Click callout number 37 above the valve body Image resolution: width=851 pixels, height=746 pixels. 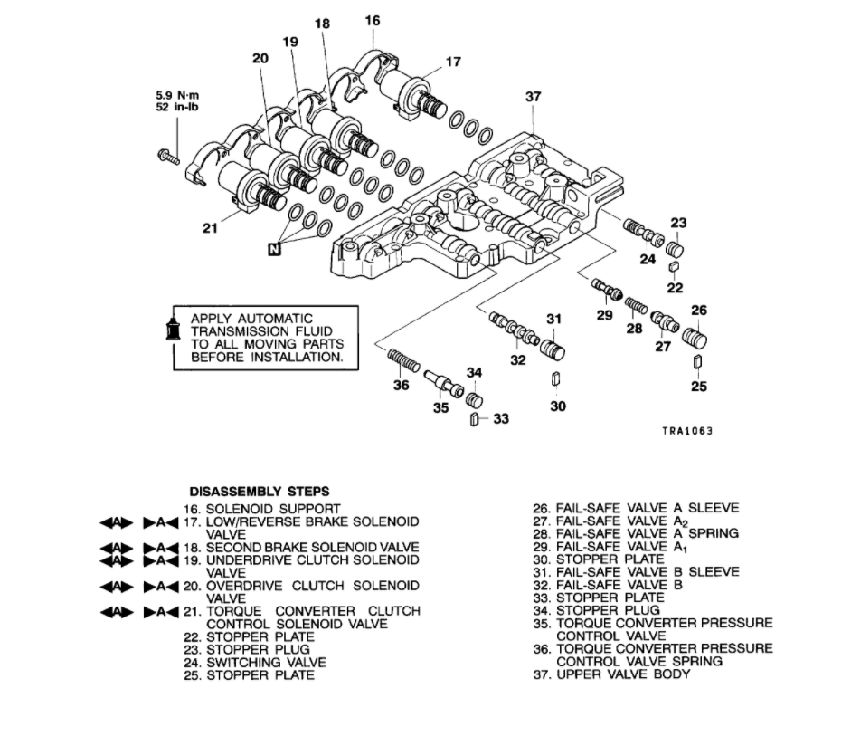point(532,96)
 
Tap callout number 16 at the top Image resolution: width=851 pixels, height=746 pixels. point(373,20)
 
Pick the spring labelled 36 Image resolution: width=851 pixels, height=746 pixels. point(403,363)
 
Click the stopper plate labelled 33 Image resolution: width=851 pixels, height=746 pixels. point(473,418)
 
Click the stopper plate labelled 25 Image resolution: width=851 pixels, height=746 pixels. point(696,363)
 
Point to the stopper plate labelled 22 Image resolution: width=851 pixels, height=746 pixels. point(674,266)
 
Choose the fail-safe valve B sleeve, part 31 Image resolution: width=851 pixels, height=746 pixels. point(552,349)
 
